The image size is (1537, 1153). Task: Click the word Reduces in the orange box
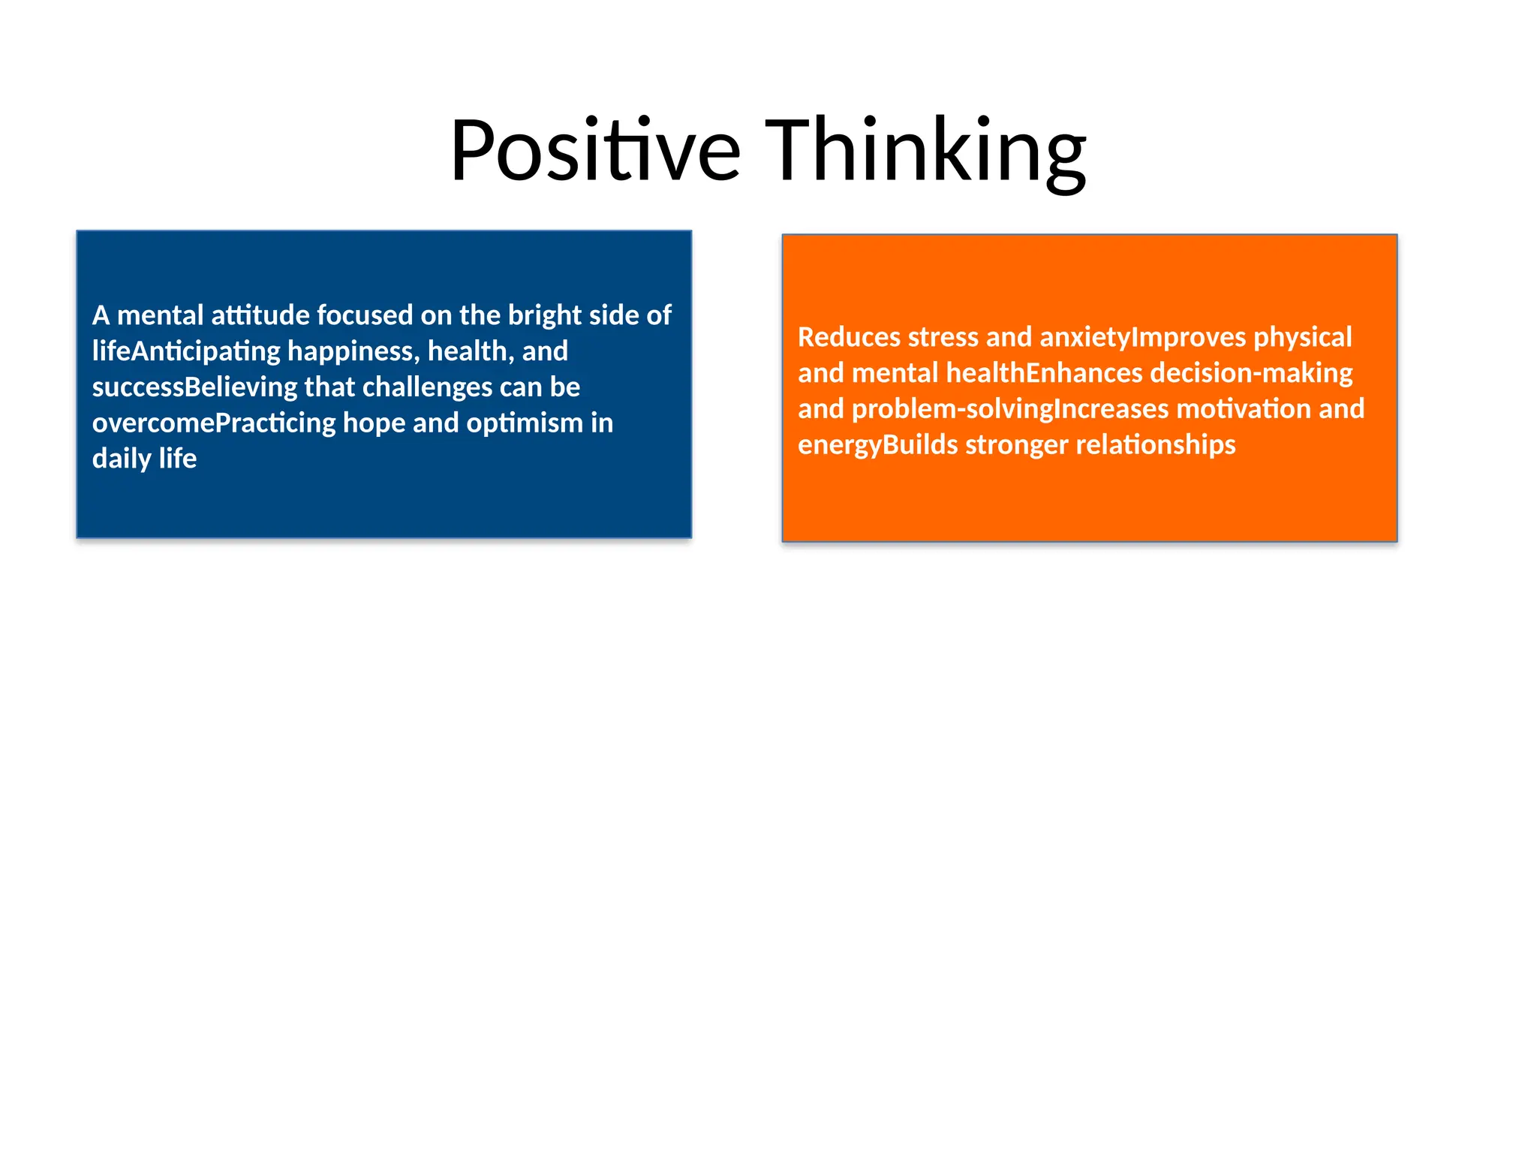849,337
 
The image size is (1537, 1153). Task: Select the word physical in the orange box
1302,337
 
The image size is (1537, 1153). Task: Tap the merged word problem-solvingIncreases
1010,410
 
